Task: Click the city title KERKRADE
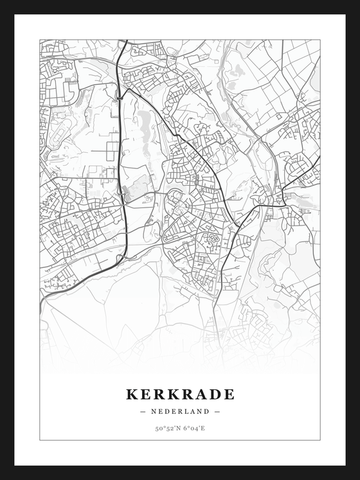(x=180, y=394)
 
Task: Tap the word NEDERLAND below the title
(x=180, y=411)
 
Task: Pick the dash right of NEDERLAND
(x=217, y=411)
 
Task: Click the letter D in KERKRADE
(x=215, y=394)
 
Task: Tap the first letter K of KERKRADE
(x=132, y=394)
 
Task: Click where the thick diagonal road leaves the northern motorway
(x=124, y=90)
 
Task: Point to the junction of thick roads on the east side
(x=278, y=193)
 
